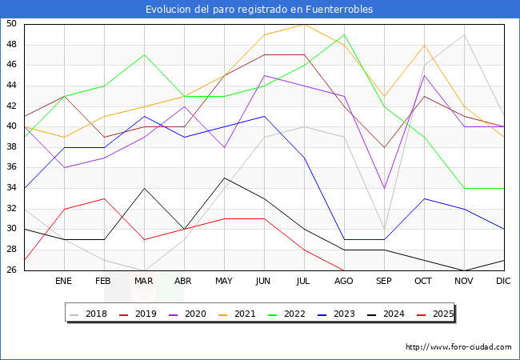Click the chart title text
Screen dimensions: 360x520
pyautogui.click(x=259, y=10)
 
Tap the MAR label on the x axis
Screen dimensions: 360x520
pyautogui.click(x=144, y=282)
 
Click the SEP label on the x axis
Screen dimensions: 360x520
pyautogui.click(x=384, y=282)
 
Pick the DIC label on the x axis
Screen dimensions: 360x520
pyautogui.click(x=504, y=282)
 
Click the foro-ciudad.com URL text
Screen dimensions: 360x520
pyautogui.click(x=458, y=347)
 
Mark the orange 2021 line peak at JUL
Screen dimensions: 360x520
pyautogui.click(x=304, y=24)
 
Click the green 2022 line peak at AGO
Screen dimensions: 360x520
pyautogui.click(x=344, y=34)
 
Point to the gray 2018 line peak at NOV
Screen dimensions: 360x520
pyautogui.click(x=464, y=34)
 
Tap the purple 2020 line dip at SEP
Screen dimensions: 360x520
pyautogui.click(x=384, y=188)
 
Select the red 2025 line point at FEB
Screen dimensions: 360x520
pyautogui.click(x=104, y=198)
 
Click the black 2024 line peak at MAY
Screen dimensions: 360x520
pyautogui.click(x=224, y=178)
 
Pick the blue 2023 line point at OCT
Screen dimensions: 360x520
pyautogui.click(x=424, y=198)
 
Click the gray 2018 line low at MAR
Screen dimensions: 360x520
pyautogui.click(x=144, y=270)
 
